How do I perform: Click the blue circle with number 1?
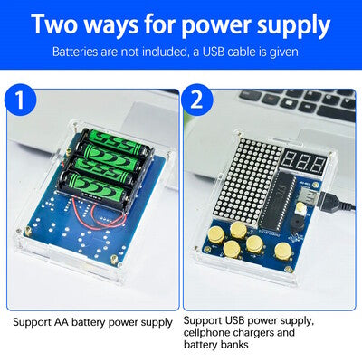pyautogui.click(x=20, y=100)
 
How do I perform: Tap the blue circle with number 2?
pyautogui.click(x=197, y=100)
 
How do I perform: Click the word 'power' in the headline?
pyautogui.click(x=216, y=25)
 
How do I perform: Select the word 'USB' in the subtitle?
pyautogui.click(x=214, y=52)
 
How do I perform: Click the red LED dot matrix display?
pyautogui.click(x=248, y=178)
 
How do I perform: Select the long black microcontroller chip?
pyautogui.click(x=276, y=202)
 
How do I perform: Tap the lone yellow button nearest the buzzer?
pyautogui.click(x=283, y=251)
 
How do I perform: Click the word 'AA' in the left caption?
pyautogui.click(x=62, y=322)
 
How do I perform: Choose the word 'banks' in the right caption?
pyautogui.click(x=234, y=344)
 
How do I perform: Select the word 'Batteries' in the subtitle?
pyautogui.click(x=75, y=52)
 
